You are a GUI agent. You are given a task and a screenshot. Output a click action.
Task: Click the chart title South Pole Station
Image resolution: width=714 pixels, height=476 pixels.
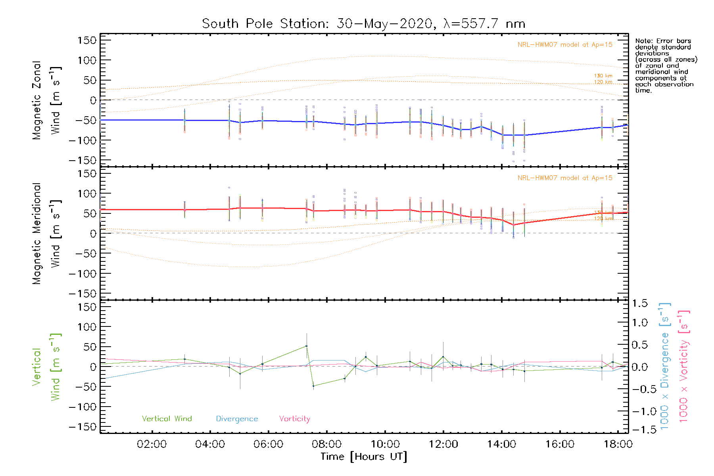pyautogui.click(x=363, y=24)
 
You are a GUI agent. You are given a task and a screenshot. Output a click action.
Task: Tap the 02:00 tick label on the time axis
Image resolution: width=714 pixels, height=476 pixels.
pyautogui.click(x=152, y=444)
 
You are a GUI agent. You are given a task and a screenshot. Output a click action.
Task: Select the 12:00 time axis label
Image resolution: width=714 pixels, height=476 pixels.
pyautogui.click(x=443, y=444)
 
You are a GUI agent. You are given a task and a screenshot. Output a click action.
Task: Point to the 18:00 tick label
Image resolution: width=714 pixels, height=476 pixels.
pyautogui.click(x=618, y=444)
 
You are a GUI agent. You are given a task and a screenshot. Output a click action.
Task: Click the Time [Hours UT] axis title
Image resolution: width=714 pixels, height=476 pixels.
pyautogui.click(x=364, y=457)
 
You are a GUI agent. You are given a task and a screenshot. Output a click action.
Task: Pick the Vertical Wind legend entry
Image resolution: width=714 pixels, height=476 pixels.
pyautogui.click(x=167, y=419)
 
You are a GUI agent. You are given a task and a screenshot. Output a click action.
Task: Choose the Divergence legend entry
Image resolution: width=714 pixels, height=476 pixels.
pyautogui.click(x=237, y=419)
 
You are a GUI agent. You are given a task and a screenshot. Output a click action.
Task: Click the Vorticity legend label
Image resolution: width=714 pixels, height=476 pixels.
pyautogui.click(x=294, y=419)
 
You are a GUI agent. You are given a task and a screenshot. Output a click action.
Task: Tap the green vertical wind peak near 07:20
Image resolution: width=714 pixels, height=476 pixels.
pyautogui.click(x=306, y=346)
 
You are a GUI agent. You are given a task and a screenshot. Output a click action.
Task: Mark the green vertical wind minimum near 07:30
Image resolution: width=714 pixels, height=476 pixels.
pyautogui.click(x=313, y=386)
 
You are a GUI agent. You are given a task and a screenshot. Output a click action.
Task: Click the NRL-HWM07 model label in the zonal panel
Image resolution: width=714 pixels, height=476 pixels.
pyautogui.click(x=565, y=45)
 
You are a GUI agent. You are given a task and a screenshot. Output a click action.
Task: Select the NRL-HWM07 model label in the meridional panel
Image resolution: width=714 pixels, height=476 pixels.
pyautogui.click(x=565, y=178)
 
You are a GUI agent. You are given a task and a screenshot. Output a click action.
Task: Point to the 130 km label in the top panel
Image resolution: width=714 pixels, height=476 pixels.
pyautogui.click(x=603, y=76)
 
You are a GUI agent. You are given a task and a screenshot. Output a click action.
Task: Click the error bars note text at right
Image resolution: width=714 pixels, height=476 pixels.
pyautogui.click(x=666, y=65)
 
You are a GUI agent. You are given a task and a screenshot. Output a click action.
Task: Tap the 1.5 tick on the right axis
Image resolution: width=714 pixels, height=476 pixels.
pyautogui.click(x=639, y=303)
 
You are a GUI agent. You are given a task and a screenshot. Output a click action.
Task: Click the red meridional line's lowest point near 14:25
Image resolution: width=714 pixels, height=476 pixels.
pyautogui.click(x=514, y=225)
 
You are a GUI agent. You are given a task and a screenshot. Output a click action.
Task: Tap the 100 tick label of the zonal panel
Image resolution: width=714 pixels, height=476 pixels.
pyautogui.click(x=87, y=60)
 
